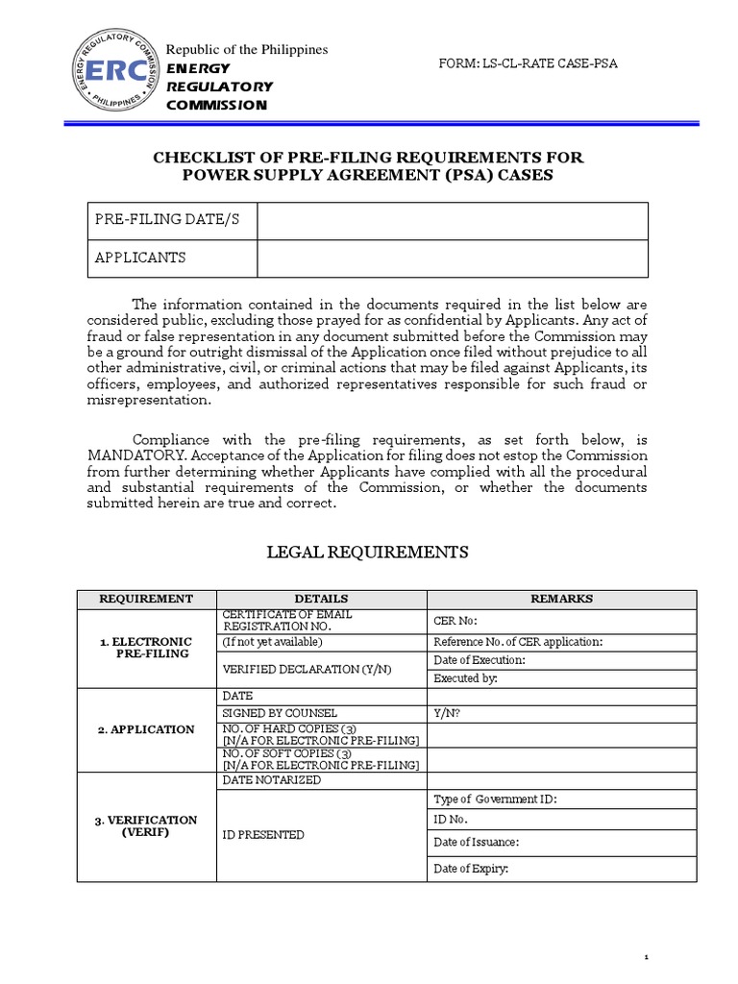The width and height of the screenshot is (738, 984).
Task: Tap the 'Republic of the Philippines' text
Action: point(247,49)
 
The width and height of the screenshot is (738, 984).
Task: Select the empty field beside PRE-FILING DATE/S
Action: point(452,221)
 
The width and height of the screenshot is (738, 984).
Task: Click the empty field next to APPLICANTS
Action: point(452,258)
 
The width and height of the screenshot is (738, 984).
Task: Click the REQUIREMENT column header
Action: point(147,599)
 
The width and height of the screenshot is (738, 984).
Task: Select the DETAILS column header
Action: point(321,599)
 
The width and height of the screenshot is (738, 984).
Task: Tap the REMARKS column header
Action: point(562,599)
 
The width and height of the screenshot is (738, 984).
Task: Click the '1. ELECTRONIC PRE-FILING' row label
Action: point(147,648)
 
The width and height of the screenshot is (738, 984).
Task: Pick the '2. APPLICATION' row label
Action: point(147,729)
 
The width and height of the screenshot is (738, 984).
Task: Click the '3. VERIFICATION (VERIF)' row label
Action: point(147,826)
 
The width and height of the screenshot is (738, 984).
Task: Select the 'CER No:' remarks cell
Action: point(562,622)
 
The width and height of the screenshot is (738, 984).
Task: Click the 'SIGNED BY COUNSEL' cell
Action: point(321,713)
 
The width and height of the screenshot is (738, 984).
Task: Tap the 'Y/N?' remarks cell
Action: point(562,713)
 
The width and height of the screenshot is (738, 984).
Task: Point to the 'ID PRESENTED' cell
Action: point(321,835)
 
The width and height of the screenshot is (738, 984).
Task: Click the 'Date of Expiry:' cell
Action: point(562,869)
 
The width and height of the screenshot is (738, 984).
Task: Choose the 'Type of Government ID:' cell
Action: point(562,799)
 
